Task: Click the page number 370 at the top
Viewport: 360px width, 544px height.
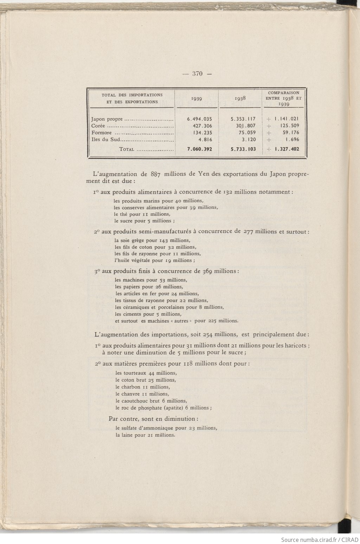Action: pos(198,74)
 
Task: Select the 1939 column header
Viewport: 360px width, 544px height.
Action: pos(197,99)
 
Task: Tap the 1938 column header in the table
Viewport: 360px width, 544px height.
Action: pos(240,99)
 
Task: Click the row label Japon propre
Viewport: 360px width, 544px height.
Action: pos(107,119)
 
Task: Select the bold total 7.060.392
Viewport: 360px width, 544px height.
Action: pos(199,149)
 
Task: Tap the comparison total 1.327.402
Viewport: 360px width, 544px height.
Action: pos(287,149)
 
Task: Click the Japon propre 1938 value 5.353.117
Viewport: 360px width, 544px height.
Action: pos(243,119)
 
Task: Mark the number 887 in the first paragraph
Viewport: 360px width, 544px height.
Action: pos(155,174)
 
